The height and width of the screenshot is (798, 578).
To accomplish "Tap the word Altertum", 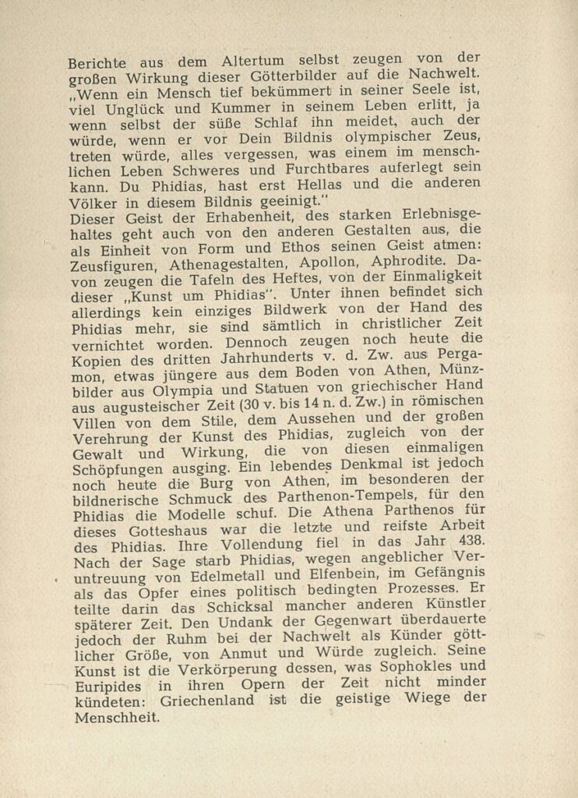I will (233, 62).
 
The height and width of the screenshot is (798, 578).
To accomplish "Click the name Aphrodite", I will (393, 263).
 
